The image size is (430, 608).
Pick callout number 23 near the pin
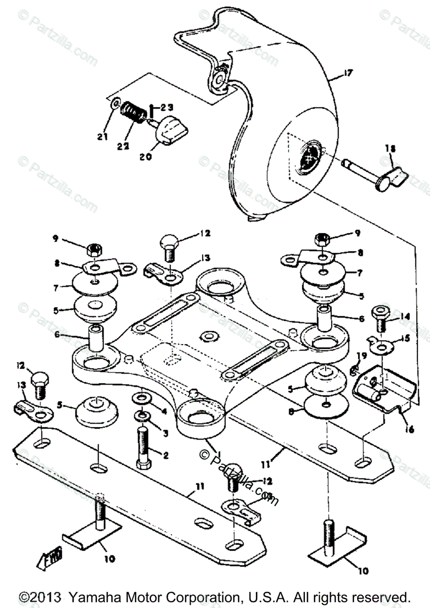pos(167,107)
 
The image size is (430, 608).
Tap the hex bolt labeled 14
pos(380,317)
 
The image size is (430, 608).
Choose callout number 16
pos(409,430)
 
